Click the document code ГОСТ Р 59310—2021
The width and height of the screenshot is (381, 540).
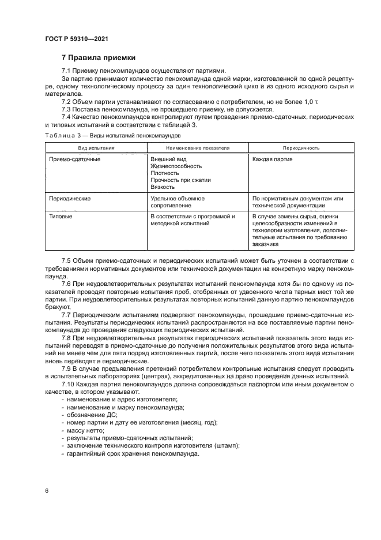77,39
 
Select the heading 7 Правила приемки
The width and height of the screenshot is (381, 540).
98,58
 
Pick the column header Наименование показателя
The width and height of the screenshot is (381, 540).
198,148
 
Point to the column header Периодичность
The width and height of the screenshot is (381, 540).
300,148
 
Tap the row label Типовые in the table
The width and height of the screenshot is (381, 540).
61,217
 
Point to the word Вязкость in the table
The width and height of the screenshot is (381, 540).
163,187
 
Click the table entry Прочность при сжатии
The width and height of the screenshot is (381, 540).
180,180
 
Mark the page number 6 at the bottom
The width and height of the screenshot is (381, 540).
46,490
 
